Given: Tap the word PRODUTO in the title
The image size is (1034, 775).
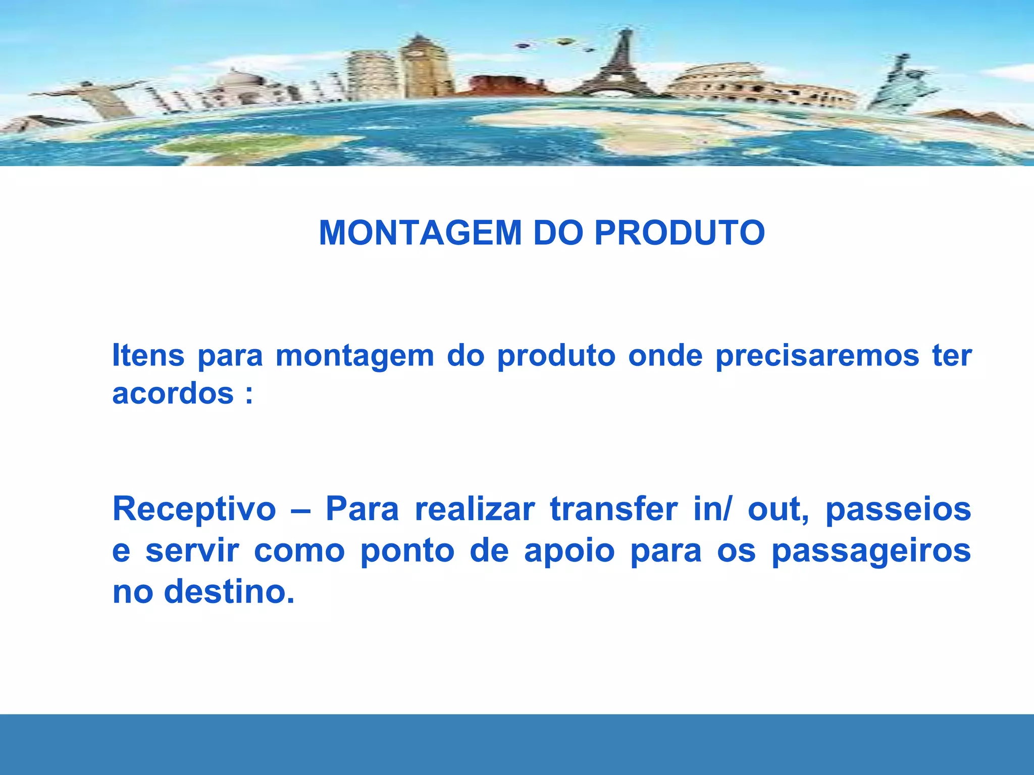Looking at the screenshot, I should coord(680,233).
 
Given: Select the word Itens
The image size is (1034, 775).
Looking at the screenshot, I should coord(148,355).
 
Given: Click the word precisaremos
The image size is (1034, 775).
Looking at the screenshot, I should coord(817,356).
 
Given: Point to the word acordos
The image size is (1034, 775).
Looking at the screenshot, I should coord(173,394).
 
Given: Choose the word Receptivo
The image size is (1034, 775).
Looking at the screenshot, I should coord(194,510).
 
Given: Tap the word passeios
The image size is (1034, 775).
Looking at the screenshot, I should coord(898,510).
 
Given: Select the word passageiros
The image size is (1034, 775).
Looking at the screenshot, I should coord(871,551).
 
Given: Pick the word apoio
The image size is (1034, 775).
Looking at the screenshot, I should coord(569,551).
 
